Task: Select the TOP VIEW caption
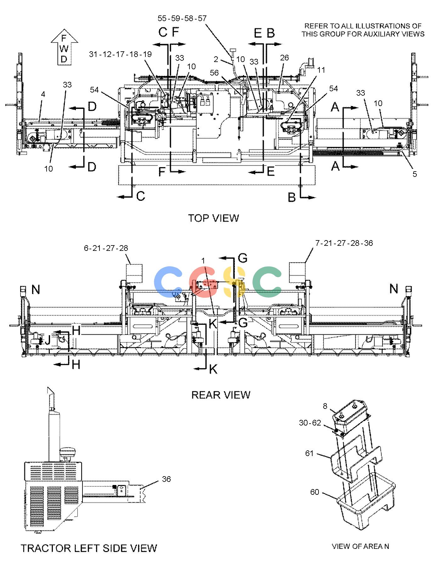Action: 213,218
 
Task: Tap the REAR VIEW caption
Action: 221,395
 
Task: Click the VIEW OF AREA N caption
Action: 360,546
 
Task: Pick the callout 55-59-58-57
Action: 182,18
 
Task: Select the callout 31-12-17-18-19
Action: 120,54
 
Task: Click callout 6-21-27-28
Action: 106,248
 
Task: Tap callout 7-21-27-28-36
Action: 344,243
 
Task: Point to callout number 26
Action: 284,58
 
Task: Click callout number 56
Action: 214,73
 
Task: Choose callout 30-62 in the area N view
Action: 310,423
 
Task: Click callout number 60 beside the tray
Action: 315,492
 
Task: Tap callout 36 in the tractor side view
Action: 166,479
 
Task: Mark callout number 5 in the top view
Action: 415,174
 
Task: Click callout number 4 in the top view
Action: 43,94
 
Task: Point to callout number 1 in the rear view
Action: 203,260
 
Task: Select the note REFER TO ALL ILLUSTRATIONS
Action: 363,30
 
